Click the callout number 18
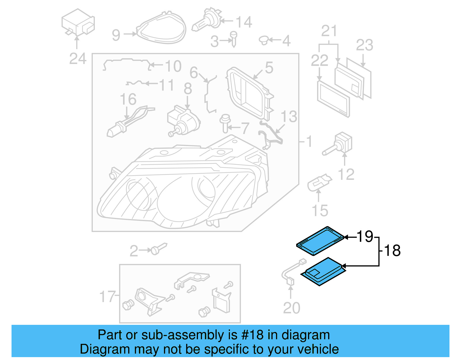click(392, 250)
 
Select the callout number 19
click(365, 236)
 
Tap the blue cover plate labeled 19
click(320, 241)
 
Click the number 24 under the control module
click(78, 59)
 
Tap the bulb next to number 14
click(206, 20)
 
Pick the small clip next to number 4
click(264, 40)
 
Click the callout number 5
click(269, 68)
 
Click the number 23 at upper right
click(364, 45)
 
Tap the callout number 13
click(289, 117)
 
